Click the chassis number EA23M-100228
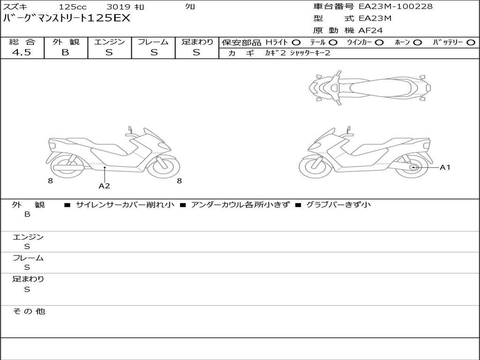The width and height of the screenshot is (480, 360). [396, 7]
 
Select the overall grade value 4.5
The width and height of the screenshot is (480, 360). [22, 52]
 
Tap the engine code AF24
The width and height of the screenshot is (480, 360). [370, 30]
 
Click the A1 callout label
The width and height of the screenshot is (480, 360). [445, 167]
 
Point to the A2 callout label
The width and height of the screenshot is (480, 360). [104, 186]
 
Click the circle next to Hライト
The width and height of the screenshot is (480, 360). [296, 43]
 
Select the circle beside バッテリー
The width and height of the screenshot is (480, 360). [471, 43]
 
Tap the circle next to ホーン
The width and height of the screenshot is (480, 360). [417, 43]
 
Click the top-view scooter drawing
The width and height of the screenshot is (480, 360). [369, 88]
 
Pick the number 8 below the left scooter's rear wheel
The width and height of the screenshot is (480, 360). [51, 181]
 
